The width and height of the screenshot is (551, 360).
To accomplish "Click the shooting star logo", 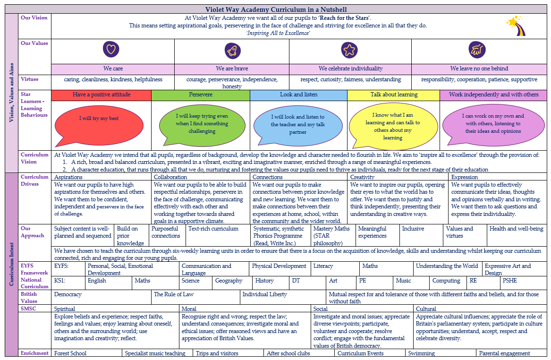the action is click(516, 26).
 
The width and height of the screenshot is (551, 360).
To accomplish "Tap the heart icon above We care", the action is click(111, 49).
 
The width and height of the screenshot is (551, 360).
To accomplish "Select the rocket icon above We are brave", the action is click(233, 51).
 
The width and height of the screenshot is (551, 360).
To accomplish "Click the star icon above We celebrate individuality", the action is click(349, 50).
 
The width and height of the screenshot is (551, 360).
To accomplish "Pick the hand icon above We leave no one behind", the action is click(477, 50).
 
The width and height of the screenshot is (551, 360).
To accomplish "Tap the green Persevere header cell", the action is click(201, 95).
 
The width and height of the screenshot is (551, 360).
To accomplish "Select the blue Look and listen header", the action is click(299, 95).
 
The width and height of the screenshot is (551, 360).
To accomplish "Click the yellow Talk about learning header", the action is click(394, 95).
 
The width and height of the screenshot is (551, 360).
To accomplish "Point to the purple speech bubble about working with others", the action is click(493, 125).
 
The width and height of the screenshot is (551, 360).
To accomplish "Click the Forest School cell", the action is click(87, 353).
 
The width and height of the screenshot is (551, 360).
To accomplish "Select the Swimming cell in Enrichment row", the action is click(441, 353).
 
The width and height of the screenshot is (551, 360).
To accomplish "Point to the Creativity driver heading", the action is click(362, 177).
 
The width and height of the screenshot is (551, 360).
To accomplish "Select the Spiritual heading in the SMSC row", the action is click(65, 309).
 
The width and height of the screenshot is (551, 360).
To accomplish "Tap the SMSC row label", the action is click(28, 309).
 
